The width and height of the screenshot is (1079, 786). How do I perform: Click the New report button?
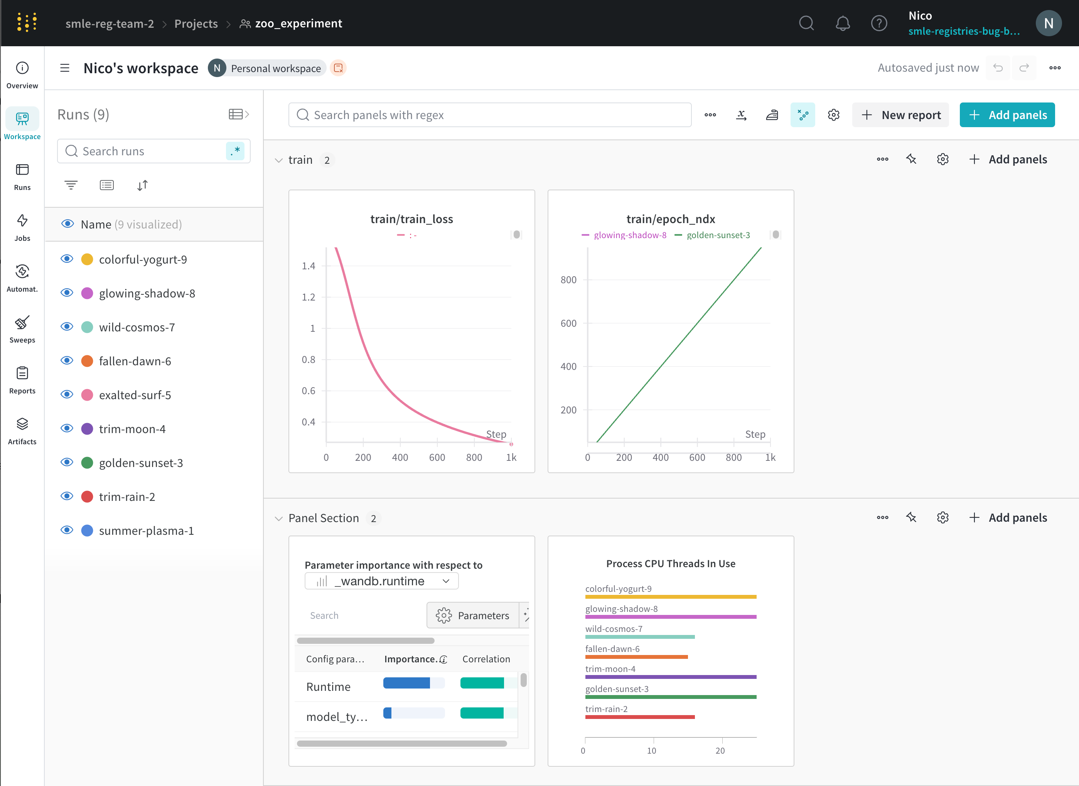(x=900, y=115)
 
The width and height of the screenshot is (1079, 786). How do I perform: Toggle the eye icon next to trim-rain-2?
(x=67, y=496)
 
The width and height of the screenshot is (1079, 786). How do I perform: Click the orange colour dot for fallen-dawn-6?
(x=87, y=361)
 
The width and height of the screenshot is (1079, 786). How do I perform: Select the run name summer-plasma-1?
(x=146, y=531)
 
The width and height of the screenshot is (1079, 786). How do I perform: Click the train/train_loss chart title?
(x=411, y=219)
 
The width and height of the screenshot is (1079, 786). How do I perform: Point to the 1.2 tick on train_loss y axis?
(x=309, y=297)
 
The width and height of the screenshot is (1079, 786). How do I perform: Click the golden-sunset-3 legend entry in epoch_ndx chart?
(x=718, y=235)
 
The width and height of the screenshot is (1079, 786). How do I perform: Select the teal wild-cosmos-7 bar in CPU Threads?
(x=639, y=637)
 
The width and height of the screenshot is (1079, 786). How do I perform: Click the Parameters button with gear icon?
(x=473, y=615)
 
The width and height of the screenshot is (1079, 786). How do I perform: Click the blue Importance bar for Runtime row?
(x=406, y=683)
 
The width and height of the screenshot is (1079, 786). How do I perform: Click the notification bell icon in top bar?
(x=842, y=24)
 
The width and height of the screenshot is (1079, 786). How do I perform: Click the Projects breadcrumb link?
(x=196, y=24)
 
